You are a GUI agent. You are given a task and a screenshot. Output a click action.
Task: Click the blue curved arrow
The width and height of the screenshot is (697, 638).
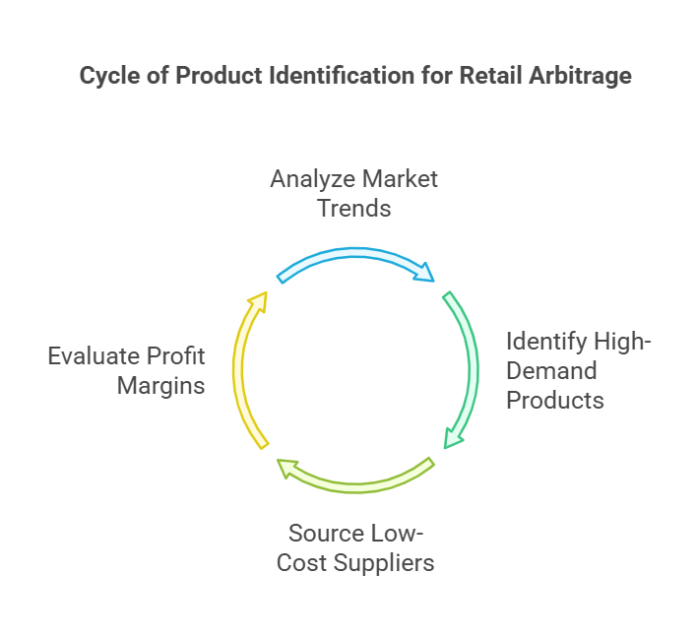click(x=355, y=253)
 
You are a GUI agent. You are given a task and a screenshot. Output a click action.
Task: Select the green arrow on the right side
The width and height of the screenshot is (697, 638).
click(x=473, y=369)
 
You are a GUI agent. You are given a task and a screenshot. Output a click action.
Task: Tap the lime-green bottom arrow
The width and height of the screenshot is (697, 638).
click(x=355, y=487)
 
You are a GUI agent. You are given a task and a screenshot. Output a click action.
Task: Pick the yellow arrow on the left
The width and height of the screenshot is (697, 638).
click(x=238, y=369)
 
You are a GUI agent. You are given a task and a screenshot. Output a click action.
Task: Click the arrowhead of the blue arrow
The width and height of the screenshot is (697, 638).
click(x=424, y=273)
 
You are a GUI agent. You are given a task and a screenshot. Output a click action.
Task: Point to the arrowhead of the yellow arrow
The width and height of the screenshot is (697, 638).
click(x=259, y=301)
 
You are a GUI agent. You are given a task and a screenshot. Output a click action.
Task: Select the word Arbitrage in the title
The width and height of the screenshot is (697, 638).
click(x=580, y=76)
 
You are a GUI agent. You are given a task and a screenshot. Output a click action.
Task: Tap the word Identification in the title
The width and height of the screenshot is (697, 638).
click(x=342, y=75)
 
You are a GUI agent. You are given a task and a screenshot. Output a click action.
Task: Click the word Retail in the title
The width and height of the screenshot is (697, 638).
click(x=490, y=75)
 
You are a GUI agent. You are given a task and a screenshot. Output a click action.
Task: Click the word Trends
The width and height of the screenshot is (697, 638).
click(x=354, y=209)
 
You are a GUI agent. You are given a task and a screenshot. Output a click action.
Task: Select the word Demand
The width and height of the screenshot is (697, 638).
click(x=551, y=371)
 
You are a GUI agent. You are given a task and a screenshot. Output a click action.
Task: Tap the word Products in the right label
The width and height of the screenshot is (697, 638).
click(x=555, y=400)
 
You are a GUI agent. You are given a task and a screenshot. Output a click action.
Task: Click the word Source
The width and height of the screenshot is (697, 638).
click(x=326, y=533)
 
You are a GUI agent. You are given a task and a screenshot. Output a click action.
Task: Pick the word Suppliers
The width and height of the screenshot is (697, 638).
click(x=384, y=564)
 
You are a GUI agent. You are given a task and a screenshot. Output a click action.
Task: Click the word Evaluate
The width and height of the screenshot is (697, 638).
click(x=94, y=356)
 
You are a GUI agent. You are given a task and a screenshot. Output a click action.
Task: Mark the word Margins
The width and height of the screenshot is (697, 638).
click(x=160, y=386)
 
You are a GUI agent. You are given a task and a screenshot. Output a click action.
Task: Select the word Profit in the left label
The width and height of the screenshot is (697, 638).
click(x=175, y=356)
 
